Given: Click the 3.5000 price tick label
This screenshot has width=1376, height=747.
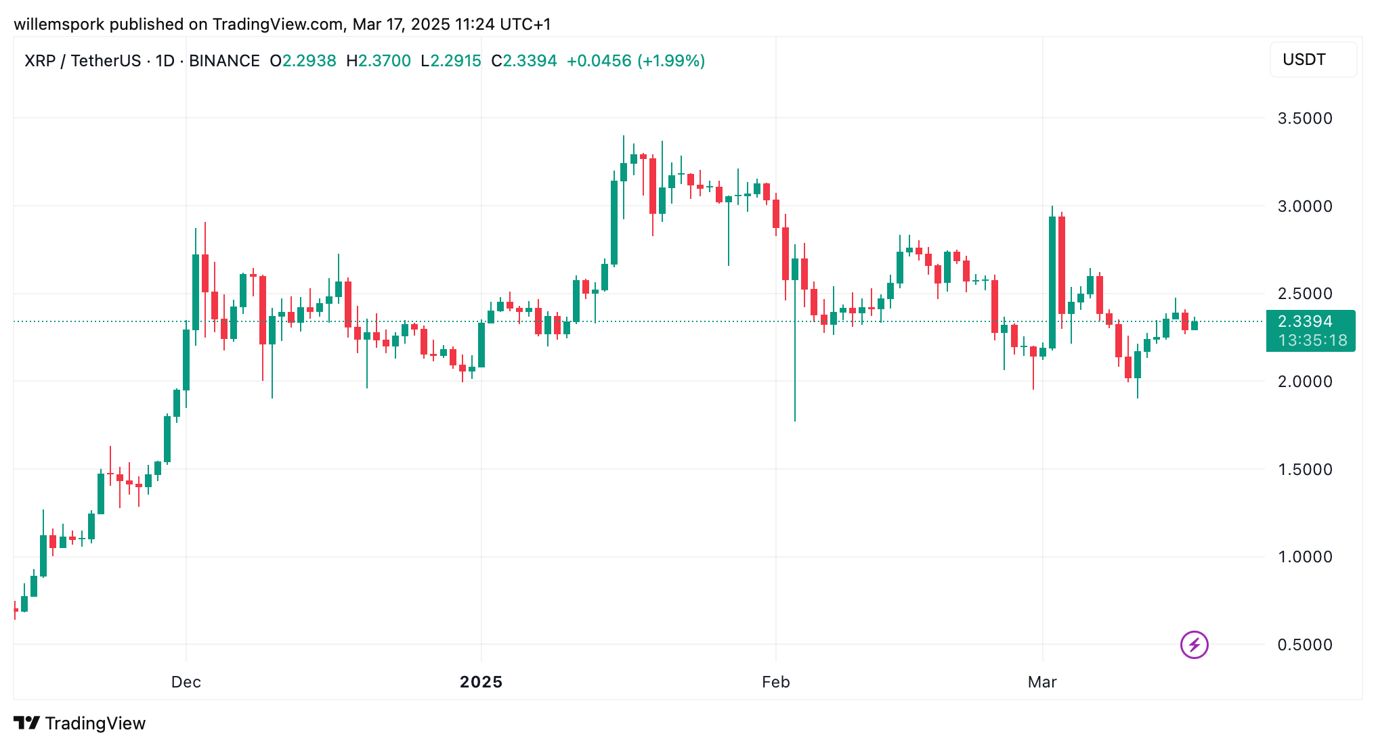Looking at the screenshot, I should pyautogui.click(x=1304, y=118).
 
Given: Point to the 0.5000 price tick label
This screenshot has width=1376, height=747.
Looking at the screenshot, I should pyautogui.click(x=1304, y=645).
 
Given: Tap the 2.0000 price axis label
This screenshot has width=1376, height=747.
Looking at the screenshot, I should pyautogui.click(x=1304, y=382).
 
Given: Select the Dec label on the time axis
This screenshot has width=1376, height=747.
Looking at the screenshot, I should pyautogui.click(x=186, y=682).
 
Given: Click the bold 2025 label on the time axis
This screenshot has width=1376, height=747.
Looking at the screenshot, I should pyautogui.click(x=481, y=682).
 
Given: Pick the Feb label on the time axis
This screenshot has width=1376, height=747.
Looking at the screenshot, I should pyautogui.click(x=775, y=682).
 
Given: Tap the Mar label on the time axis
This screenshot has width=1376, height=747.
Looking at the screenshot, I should pyautogui.click(x=1042, y=682).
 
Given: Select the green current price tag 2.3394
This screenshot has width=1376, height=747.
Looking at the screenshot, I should pyautogui.click(x=1304, y=321).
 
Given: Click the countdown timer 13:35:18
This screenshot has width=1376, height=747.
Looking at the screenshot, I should pyautogui.click(x=1312, y=340).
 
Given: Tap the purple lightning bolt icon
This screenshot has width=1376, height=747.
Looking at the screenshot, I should pyautogui.click(x=1194, y=645).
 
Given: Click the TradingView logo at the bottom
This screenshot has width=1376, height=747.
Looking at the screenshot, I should pyautogui.click(x=80, y=723).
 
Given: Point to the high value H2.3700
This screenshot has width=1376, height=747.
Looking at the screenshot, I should pyautogui.click(x=379, y=61).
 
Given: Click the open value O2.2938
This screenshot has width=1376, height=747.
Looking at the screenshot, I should pyautogui.click(x=303, y=61).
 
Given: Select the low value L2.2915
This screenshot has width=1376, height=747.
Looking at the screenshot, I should pyautogui.click(x=451, y=61).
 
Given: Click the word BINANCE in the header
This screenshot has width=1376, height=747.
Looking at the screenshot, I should pyautogui.click(x=224, y=61).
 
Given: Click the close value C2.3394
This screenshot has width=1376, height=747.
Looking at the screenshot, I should pyautogui.click(x=524, y=61).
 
